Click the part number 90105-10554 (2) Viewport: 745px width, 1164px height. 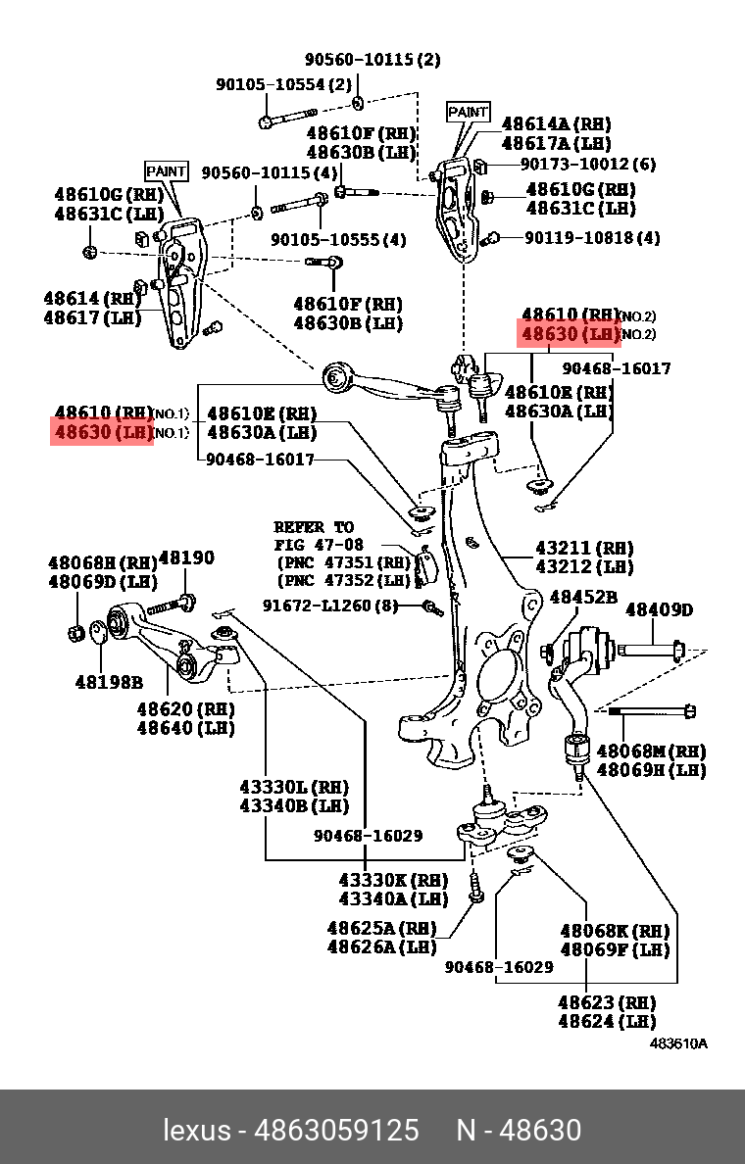pyautogui.click(x=283, y=85)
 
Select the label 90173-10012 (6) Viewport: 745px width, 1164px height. pyautogui.click(x=588, y=165)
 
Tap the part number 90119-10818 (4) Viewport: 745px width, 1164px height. pyautogui.click(x=592, y=238)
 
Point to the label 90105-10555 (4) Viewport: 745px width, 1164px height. pyautogui.click(x=338, y=239)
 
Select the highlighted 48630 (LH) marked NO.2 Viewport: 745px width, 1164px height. pyautogui.click(x=570, y=334)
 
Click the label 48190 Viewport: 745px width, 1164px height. pyautogui.click(x=186, y=558)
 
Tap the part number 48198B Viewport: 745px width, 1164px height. pyautogui.click(x=109, y=681)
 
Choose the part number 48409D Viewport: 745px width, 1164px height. pyautogui.click(x=659, y=610)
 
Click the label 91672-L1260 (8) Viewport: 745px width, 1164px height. pyautogui.click(x=330, y=606)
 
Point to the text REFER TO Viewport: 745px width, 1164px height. pyautogui.click(x=314, y=527)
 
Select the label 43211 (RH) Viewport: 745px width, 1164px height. pyautogui.click(x=584, y=548)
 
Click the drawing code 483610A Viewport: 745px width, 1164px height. pyautogui.click(x=678, y=1043)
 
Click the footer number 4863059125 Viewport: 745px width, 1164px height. pyautogui.click(x=336, y=1130)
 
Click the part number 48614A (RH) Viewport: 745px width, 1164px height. pyautogui.click(x=556, y=123)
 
